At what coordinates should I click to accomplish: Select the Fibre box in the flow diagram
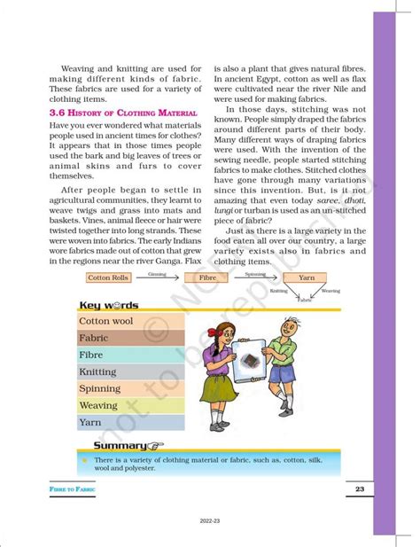pos(207,277)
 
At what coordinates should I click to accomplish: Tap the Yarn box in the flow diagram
pos(306,277)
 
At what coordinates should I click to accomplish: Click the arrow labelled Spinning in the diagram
pos(255,277)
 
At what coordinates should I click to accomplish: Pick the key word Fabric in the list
pos(94,338)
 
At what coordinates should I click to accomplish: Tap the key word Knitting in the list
pos(98,372)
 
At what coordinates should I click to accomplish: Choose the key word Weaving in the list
pos(98,406)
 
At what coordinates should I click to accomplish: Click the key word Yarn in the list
pos(90,423)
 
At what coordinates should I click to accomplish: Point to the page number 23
pos(360,489)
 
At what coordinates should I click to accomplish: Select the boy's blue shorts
pos(282,372)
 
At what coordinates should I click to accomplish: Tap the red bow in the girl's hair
pos(206,304)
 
